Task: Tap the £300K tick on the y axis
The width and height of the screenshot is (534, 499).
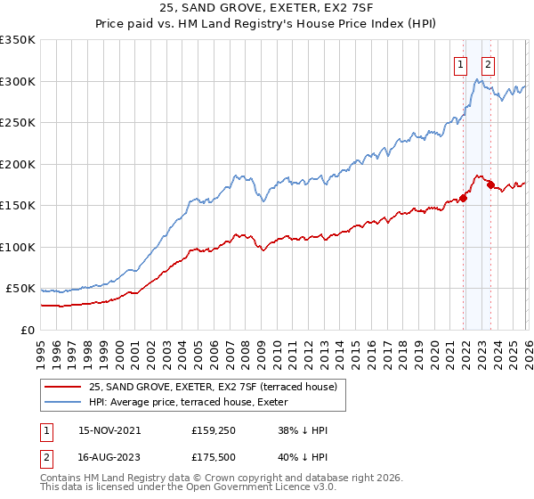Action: (18, 81)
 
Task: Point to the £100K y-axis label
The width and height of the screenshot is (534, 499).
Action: (18, 247)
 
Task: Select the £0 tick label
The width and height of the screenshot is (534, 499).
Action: (27, 330)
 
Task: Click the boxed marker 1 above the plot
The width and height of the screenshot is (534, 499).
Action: (460, 63)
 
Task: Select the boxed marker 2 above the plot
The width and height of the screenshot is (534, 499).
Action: (489, 63)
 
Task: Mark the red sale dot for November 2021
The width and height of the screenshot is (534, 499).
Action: (464, 199)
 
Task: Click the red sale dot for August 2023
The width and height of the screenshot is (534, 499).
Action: (490, 185)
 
